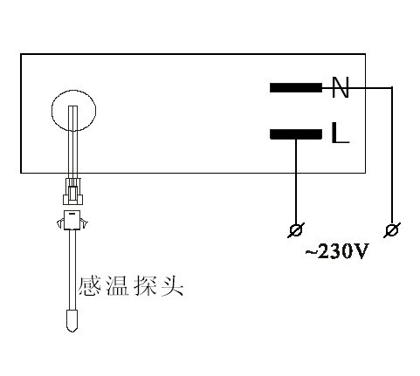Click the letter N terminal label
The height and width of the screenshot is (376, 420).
(x=340, y=87)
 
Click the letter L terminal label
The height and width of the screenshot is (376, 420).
(x=340, y=133)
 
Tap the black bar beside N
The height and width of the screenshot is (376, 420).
(x=296, y=87)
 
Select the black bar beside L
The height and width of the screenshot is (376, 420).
(x=296, y=134)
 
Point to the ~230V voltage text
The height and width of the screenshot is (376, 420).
(x=337, y=251)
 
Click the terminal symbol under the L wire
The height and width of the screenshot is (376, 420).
(x=296, y=230)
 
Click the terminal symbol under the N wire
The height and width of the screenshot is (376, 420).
(x=392, y=230)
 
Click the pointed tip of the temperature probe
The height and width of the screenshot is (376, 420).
(x=72, y=332)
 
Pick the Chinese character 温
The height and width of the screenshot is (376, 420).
(x=117, y=287)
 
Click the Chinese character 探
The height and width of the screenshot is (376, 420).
(x=145, y=287)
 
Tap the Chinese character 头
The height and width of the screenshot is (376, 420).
(x=172, y=287)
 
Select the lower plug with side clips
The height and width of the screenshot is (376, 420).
(x=72, y=220)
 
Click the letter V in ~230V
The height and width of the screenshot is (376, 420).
(x=361, y=251)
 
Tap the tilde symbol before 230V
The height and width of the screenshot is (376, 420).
(x=311, y=252)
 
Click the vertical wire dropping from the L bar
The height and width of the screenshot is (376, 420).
(x=296, y=181)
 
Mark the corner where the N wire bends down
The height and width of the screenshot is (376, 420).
(x=392, y=87)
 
